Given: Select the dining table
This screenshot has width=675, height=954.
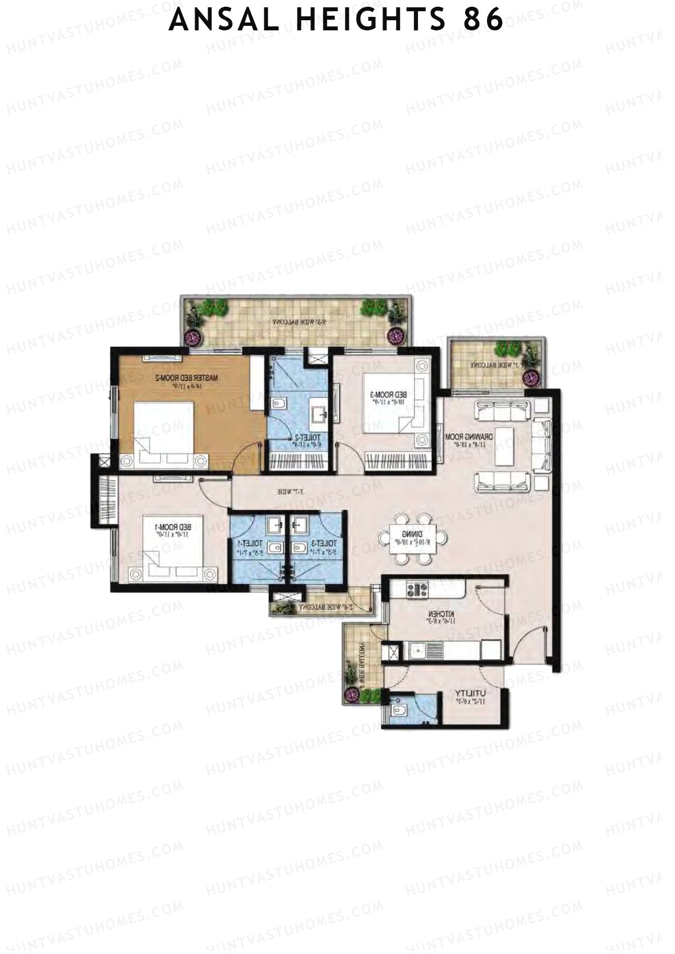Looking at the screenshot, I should [414, 538].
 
